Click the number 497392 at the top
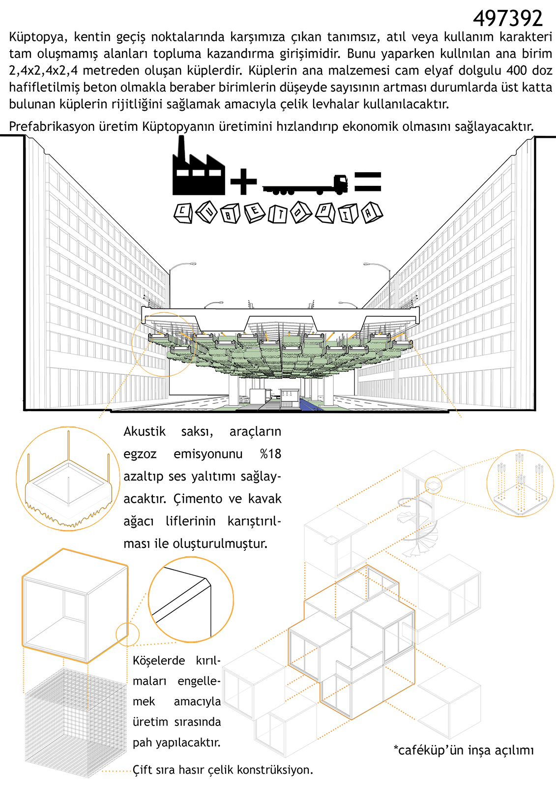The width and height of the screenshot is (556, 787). (x=507, y=18)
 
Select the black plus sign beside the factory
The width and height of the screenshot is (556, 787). (x=243, y=182)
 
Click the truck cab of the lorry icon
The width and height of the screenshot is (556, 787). (x=341, y=184)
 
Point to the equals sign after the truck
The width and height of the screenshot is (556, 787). (x=368, y=182)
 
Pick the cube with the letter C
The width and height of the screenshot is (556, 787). (x=183, y=213)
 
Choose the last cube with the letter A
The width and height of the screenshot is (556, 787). (x=372, y=212)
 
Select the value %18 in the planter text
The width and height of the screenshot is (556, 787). (x=270, y=454)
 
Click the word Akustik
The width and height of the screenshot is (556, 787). (x=145, y=431)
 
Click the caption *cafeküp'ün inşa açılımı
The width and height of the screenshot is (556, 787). (x=464, y=750)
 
